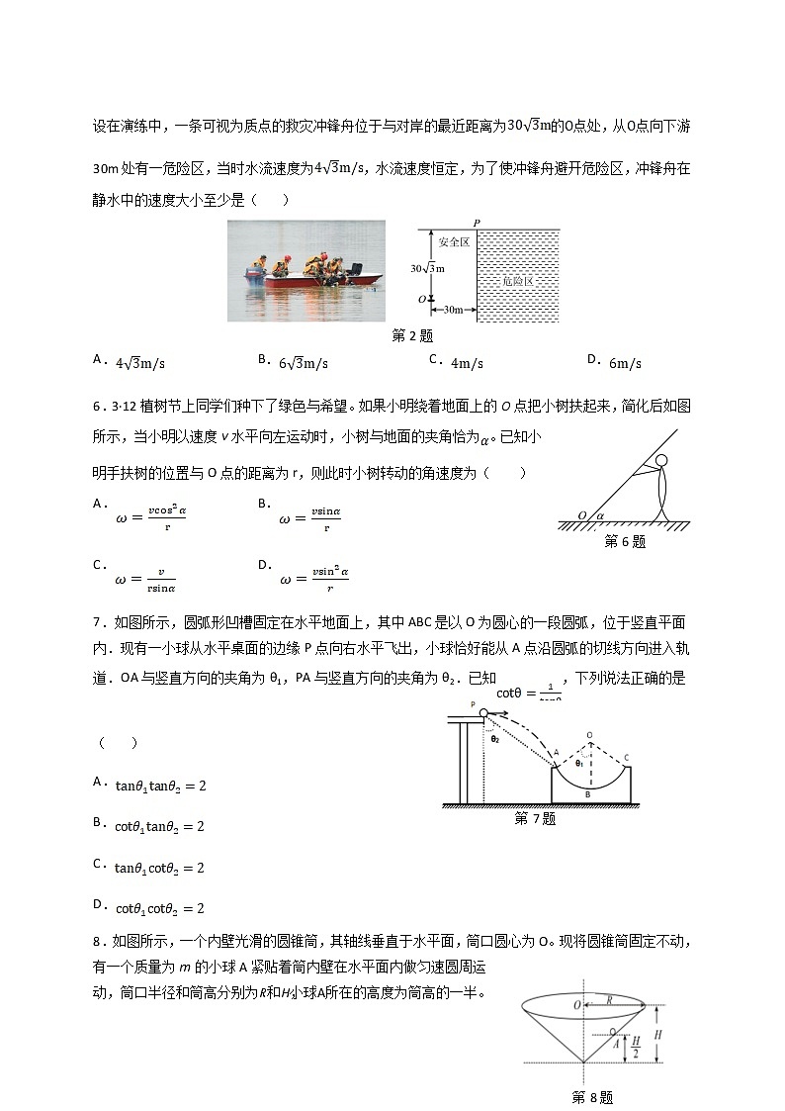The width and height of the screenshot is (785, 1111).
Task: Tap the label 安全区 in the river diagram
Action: [x=453, y=241]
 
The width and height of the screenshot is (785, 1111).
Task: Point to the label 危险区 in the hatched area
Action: [x=517, y=281]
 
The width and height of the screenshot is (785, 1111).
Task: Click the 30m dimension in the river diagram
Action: [x=451, y=311]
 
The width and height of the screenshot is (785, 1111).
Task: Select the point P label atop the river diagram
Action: [x=477, y=223]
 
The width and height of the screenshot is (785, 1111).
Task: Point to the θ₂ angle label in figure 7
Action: [x=494, y=738]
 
